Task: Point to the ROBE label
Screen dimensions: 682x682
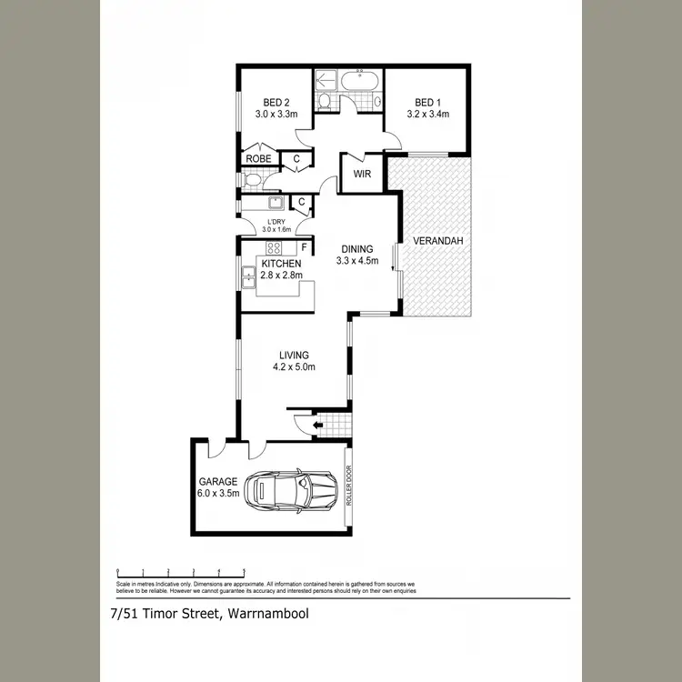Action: [258, 159]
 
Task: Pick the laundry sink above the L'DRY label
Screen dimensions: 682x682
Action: [277, 202]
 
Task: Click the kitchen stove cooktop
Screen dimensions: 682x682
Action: [274, 248]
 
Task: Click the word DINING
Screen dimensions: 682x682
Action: [357, 248]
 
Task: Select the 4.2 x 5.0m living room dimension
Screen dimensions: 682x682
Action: [295, 367]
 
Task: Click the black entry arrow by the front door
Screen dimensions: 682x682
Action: [317, 424]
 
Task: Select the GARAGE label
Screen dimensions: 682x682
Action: [218, 481]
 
